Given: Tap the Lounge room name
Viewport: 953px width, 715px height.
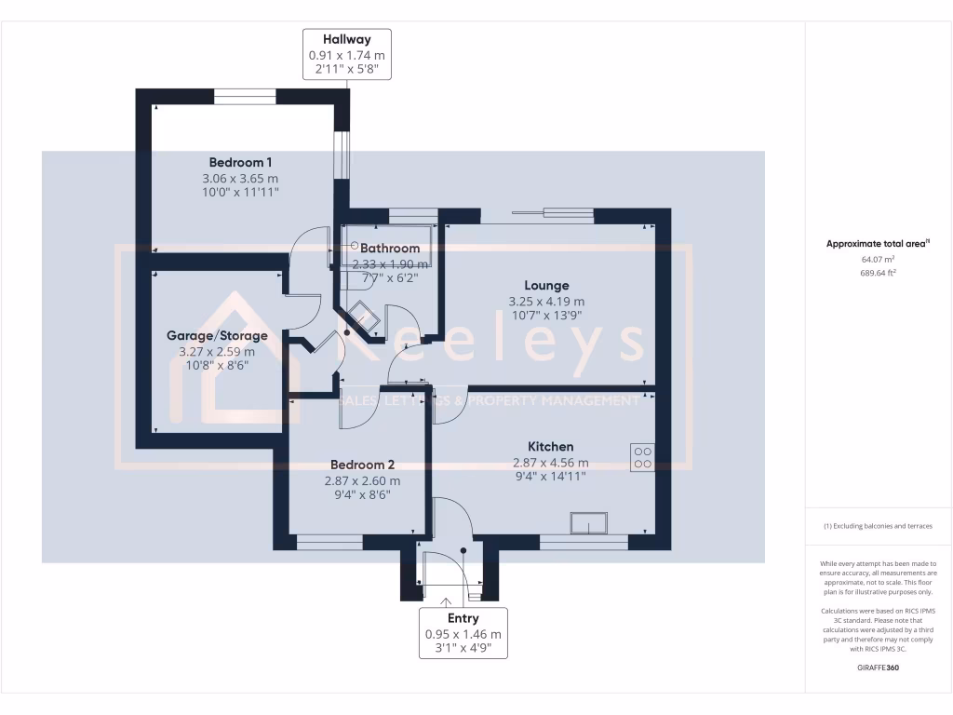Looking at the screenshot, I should [x=546, y=286].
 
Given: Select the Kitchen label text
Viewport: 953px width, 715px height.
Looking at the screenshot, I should [x=551, y=447].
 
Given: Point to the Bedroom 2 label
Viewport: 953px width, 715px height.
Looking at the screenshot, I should [x=362, y=465].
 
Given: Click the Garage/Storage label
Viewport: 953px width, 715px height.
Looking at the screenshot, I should [x=217, y=335].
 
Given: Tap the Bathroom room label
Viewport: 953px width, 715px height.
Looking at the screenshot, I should [x=390, y=249].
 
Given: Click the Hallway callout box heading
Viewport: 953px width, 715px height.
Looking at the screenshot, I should [x=347, y=40].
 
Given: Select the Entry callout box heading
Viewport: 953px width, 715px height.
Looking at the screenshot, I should [x=463, y=618].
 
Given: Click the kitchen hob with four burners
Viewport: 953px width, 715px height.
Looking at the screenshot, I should [x=642, y=456].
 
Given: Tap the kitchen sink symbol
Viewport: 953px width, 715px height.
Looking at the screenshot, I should [x=589, y=522].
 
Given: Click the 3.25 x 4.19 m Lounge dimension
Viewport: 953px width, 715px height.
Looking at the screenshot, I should [x=546, y=302].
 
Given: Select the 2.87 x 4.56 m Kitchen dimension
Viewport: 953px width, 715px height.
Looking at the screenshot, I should [x=551, y=463].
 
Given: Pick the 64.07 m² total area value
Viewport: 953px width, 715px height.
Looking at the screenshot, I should [x=878, y=259].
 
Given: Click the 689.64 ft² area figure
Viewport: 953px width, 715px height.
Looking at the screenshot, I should [x=878, y=273].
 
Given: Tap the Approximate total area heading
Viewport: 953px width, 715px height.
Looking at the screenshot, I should [x=878, y=244].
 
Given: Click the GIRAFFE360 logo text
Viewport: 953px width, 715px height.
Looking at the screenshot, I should [x=879, y=668].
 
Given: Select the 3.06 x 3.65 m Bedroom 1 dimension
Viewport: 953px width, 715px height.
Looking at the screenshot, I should [x=240, y=178].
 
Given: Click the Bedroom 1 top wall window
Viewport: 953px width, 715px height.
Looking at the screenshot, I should [x=245, y=96].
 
